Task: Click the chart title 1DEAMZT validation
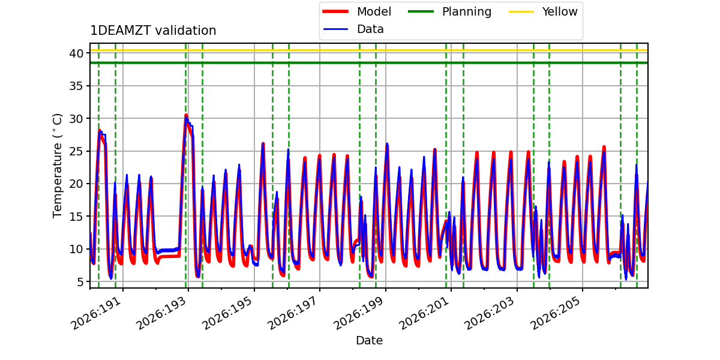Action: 153,31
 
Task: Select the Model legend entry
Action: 357,11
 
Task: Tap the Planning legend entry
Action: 449,11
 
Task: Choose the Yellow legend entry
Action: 543,11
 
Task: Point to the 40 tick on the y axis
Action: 77,53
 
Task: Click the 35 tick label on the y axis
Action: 77,86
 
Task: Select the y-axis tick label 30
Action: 77,119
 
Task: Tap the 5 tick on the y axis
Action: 80,282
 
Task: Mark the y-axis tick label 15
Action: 77,217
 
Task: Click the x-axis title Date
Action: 370,340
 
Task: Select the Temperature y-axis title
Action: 57,166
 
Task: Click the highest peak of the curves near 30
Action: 186,115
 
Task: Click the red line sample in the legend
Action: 335,11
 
